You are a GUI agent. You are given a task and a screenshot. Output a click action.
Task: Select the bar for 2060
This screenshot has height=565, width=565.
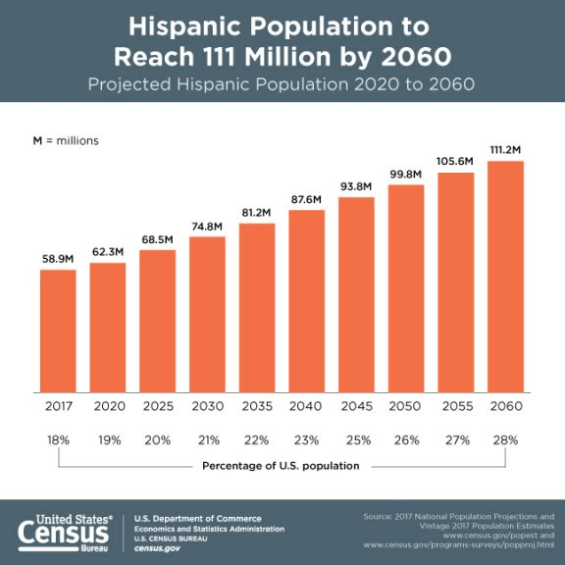pos(505,276)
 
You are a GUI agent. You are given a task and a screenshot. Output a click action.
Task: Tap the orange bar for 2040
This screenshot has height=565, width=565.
pos(306,300)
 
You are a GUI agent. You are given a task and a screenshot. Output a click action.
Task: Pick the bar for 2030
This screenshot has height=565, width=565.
pos(207,314)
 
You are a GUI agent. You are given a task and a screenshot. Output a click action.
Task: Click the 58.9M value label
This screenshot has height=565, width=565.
pos(58,258)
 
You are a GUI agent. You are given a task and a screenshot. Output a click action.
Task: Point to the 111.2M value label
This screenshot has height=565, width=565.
pos(505,149)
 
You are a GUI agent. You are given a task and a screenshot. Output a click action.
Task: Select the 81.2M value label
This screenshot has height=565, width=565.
pos(257,212)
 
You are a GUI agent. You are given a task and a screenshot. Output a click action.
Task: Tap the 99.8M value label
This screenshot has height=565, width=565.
pos(406,174)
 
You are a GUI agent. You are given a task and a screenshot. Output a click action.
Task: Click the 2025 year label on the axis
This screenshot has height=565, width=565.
pos(157,406)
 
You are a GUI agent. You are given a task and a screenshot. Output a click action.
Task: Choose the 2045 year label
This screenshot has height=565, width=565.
pos(356,406)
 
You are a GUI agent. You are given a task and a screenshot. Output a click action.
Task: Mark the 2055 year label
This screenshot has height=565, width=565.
pos(455,406)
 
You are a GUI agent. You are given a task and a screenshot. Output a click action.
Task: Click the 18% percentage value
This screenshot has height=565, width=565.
pos(58,440)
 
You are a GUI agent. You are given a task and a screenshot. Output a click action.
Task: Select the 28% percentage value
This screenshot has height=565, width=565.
pos(505,440)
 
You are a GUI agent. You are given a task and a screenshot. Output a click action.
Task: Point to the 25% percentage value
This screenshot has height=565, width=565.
pos(356,440)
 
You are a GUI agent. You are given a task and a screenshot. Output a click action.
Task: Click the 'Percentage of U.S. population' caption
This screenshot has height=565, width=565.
pos(282,465)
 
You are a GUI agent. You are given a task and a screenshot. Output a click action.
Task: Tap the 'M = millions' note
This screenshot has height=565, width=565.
pos(66,140)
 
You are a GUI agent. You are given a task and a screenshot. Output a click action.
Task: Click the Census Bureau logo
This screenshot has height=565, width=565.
pos(65,530)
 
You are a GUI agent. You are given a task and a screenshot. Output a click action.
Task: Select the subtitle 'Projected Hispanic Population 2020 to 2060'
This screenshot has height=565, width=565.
pos(282,83)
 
